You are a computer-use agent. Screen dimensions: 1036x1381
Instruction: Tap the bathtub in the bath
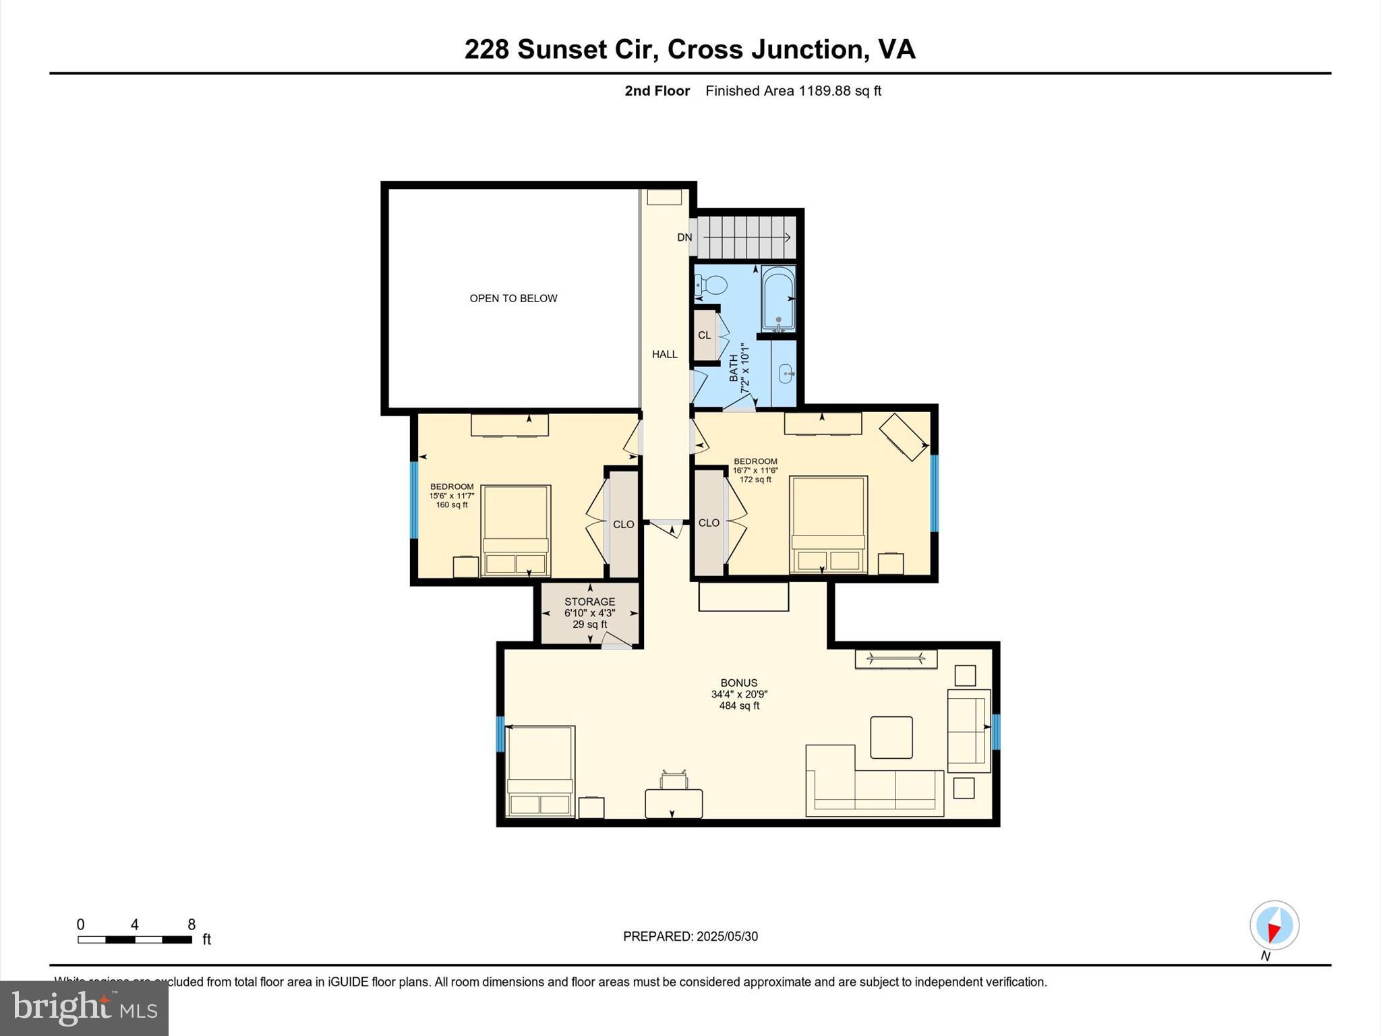pyautogui.click(x=779, y=299)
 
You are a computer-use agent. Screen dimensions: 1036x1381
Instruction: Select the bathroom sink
pyautogui.click(x=786, y=373)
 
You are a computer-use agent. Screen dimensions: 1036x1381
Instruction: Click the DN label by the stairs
pyautogui.click(x=684, y=237)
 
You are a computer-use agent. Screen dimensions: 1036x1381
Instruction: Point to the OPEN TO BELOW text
pyautogui.click(x=513, y=298)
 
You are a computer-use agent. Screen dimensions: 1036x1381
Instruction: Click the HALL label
pyautogui.click(x=664, y=354)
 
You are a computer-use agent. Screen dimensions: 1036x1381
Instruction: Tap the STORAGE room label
pyautogui.click(x=589, y=602)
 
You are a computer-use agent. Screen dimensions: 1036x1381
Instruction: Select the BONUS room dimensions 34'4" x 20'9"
pyautogui.click(x=739, y=694)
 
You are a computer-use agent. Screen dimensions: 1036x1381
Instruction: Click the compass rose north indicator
pyautogui.click(x=1274, y=926)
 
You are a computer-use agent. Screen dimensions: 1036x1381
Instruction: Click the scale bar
pyautogui.click(x=135, y=939)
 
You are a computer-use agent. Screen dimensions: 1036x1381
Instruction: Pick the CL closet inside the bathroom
pyautogui.click(x=705, y=335)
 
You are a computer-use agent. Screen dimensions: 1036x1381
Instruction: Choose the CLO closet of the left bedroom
pyautogui.click(x=623, y=524)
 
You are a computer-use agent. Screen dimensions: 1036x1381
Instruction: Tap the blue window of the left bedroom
pyautogui.click(x=413, y=499)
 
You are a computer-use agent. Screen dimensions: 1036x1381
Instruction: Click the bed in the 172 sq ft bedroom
pyautogui.click(x=828, y=525)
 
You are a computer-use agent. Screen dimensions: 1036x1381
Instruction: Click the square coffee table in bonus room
pyautogui.click(x=891, y=737)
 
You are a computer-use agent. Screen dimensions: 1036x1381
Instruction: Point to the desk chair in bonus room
pyautogui.click(x=674, y=780)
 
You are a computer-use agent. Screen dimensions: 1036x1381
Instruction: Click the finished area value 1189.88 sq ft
pyautogui.click(x=840, y=91)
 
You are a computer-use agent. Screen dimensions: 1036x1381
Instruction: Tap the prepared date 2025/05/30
pyautogui.click(x=727, y=936)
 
